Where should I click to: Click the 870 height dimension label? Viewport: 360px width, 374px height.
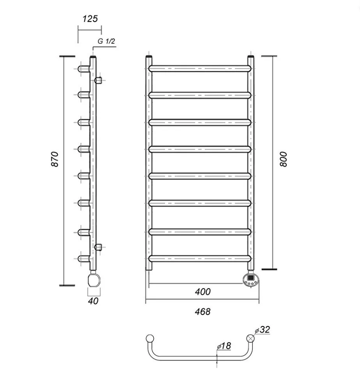click(55, 159)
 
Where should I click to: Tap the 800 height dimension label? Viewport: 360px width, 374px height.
click(284, 159)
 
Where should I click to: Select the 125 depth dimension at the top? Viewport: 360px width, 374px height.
click(90, 19)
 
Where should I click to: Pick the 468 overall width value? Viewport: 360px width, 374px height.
click(202, 312)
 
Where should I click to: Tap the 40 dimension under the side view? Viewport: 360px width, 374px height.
click(93, 301)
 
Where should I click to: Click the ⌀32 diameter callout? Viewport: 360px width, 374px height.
click(263, 330)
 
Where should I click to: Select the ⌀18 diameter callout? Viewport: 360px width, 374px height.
click(225, 346)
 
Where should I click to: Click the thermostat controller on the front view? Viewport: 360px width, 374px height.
click(250, 280)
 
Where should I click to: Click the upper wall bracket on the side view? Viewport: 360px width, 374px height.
click(98, 80)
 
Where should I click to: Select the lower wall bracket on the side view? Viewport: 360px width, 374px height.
click(98, 246)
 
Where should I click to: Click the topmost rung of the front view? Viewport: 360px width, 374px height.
click(200, 68)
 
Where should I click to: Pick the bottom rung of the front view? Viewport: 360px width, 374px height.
click(200, 258)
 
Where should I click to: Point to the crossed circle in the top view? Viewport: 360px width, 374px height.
click(250, 338)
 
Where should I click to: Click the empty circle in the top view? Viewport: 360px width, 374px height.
click(150, 338)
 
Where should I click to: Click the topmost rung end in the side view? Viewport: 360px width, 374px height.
click(83, 69)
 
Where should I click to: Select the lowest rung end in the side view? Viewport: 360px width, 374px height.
click(83, 258)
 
